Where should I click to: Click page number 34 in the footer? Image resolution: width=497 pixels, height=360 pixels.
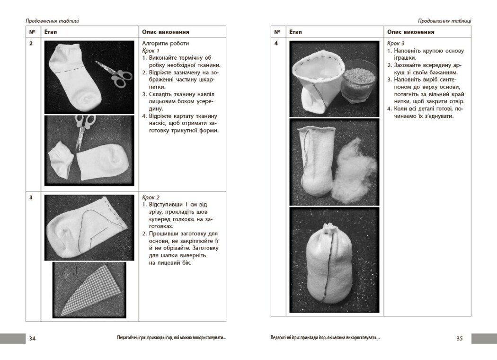point(32,338)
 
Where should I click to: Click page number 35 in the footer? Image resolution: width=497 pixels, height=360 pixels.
point(460,338)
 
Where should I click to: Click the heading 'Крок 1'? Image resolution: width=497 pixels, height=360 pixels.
point(151,51)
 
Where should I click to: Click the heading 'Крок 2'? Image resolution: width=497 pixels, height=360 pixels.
point(151,197)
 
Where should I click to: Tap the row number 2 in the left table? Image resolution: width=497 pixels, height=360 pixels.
point(31,44)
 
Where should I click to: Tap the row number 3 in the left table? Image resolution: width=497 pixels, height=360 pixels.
point(31,198)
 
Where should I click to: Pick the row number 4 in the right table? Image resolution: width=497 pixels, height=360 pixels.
point(276,44)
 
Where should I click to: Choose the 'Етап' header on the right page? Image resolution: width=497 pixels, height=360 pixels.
point(295,32)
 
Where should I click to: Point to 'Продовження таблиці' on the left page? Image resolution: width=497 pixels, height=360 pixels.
point(52,20)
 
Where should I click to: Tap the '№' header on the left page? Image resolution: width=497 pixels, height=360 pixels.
point(32,32)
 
